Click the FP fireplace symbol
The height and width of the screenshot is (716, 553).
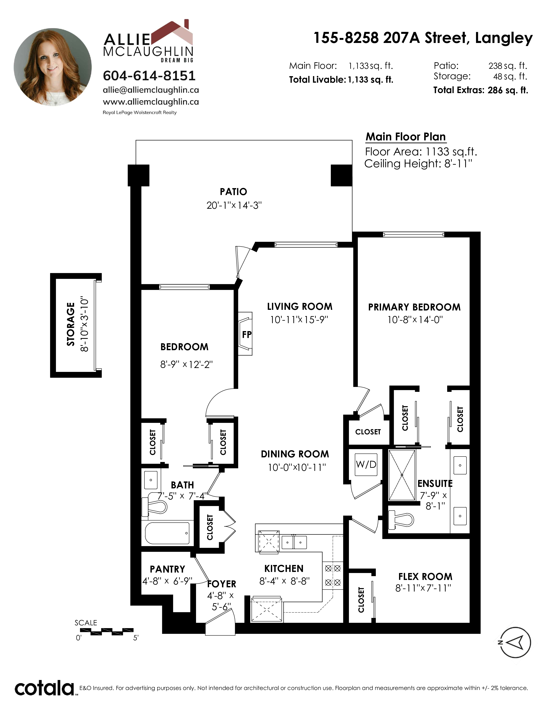point(245,333)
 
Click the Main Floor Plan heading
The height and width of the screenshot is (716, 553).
point(406,136)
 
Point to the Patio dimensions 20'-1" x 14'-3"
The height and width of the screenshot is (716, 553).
point(234,205)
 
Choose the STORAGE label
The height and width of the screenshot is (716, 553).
point(71,324)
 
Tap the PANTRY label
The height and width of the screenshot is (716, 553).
point(167,569)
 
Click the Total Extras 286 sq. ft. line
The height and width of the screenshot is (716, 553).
point(481,90)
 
